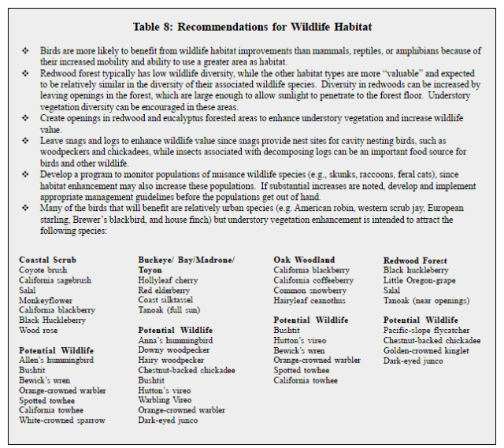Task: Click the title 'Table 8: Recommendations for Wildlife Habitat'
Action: [x=253, y=27]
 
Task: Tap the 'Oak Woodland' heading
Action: [x=304, y=260]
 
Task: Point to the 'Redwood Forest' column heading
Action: [x=415, y=261]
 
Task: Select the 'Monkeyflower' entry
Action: [x=45, y=301]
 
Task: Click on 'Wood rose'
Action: [x=38, y=331]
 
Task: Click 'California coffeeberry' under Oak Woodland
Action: [x=313, y=280]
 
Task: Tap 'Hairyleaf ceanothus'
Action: [x=309, y=300]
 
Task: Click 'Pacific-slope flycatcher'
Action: [x=428, y=331]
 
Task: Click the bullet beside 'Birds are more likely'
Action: [x=25, y=50]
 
